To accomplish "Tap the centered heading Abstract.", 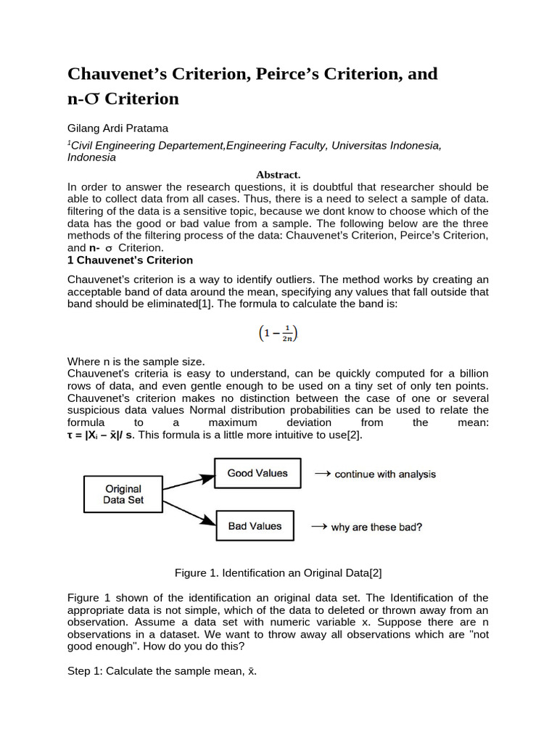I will (278, 175).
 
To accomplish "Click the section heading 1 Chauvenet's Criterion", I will (131, 260).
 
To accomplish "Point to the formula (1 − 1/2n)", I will (278, 333).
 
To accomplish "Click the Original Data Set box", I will (123, 494).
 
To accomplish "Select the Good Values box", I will (257, 473).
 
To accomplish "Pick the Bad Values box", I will (255, 526).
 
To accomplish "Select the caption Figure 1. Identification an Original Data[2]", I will (278, 572).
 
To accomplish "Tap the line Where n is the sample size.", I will (136, 361).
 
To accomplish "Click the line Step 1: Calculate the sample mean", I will (162, 671).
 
